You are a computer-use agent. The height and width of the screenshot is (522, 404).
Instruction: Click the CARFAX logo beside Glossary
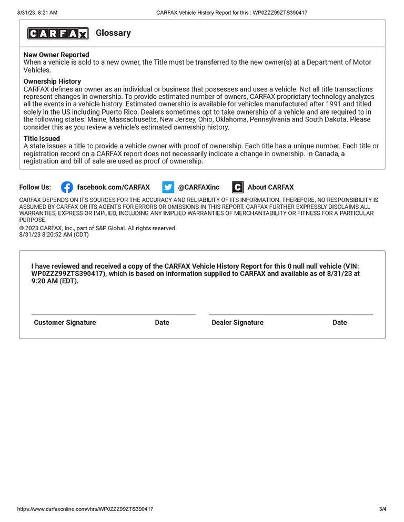[x=58, y=33]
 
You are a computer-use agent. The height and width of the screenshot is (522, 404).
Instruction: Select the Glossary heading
[x=113, y=33]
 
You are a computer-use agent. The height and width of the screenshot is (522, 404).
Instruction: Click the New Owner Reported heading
[x=56, y=55]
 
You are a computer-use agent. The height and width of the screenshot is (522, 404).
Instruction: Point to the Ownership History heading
[x=52, y=81]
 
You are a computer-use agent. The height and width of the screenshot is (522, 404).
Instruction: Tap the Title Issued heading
[x=42, y=139]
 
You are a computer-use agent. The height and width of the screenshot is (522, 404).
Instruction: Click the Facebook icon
[x=67, y=187]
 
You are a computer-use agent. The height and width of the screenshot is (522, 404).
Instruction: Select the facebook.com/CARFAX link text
[x=113, y=187]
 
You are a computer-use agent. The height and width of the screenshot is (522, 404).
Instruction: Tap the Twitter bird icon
[x=168, y=187]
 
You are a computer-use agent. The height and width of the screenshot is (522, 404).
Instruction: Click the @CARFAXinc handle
[x=198, y=187]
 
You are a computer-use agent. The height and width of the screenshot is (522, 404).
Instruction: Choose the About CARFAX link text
[x=270, y=187]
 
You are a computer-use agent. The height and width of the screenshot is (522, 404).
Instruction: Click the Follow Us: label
[x=35, y=187]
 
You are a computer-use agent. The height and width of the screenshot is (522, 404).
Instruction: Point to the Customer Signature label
[x=65, y=322]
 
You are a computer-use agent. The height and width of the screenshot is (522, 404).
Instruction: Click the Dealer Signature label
[x=237, y=322]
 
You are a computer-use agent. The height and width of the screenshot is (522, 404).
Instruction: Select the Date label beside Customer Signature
[x=162, y=322]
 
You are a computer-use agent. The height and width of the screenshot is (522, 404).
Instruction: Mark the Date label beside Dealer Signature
[x=340, y=322]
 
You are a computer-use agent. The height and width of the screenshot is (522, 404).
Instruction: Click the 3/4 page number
[x=382, y=509]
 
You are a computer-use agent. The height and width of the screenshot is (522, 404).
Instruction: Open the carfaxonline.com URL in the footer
[x=85, y=509]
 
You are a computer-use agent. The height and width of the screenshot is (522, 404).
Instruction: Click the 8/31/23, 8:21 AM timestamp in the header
[x=37, y=12]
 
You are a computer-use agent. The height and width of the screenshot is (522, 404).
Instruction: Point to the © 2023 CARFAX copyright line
[x=98, y=228]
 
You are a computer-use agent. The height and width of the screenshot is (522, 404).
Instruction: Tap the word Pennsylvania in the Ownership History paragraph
[x=271, y=119]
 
